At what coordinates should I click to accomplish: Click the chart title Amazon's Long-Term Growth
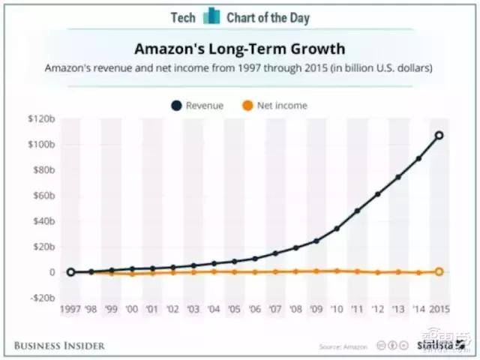(241, 49)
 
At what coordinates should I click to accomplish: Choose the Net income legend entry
(274, 106)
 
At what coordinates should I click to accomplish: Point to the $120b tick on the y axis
(43, 119)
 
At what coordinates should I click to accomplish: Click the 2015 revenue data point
(439, 136)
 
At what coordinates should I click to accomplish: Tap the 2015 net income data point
(439, 271)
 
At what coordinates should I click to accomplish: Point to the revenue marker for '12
(378, 194)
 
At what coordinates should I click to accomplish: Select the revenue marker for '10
(337, 228)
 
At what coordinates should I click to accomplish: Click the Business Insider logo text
(60, 346)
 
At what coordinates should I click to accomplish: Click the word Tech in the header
(183, 16)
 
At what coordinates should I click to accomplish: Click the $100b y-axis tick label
(43, 145)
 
